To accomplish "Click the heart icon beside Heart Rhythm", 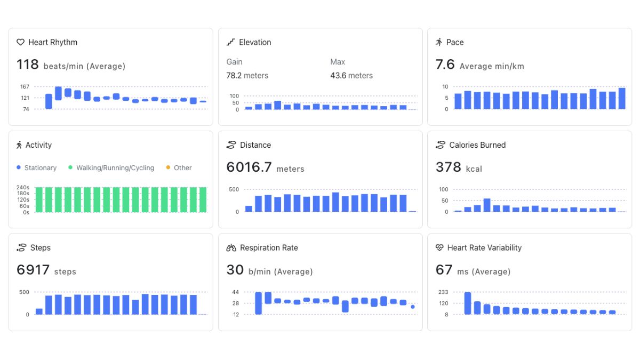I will (x=20, y=42).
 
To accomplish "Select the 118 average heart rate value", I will (x=28, y=65).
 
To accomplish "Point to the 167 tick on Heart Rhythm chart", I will (x=25, y=86).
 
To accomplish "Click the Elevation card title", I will (x=254, y=42).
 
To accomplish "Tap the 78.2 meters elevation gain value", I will (x=247, y=76).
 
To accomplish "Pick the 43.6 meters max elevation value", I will (x=351, y=76).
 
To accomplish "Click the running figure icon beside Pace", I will (x=439, y=42).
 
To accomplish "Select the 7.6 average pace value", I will (x=445, y=65).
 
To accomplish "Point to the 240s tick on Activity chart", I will (x=23, y=187).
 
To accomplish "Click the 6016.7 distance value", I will (x=249, y=167).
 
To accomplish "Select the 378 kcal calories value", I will (x=449, y=167).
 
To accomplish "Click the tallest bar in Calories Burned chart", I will (x=487, y=205).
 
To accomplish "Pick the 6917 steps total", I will (x=33, y=270).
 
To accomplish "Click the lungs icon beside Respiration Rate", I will (x=231, y=247).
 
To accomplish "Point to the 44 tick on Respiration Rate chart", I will (x=235, y=292).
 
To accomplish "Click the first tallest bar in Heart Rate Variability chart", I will (x=468, y=303).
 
